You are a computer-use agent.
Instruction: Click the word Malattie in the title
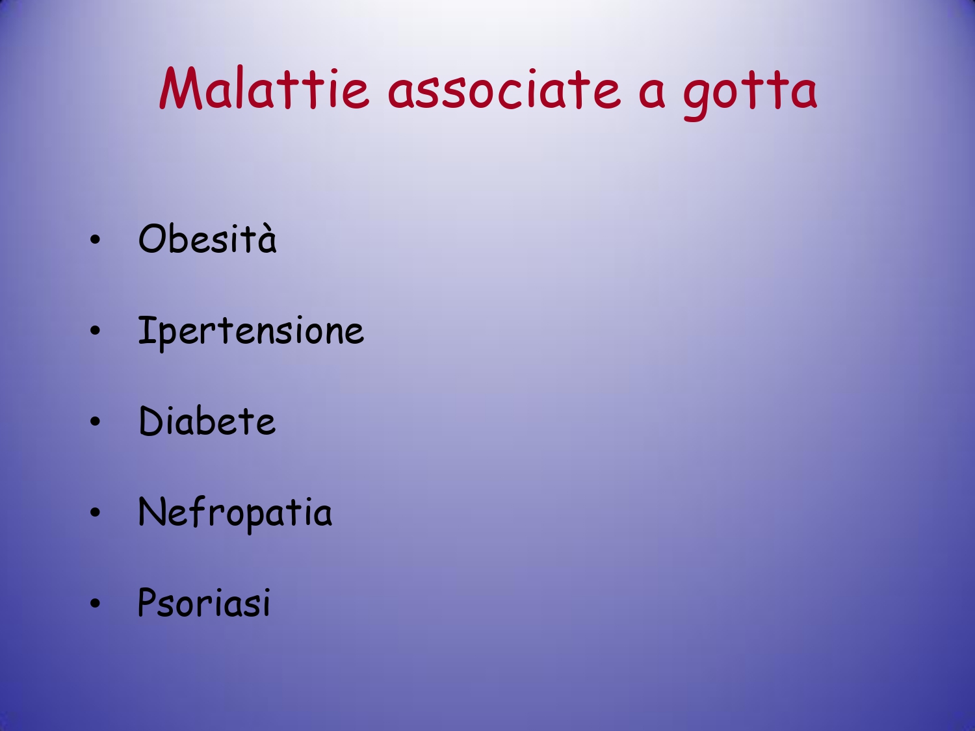click(x=265, y=88)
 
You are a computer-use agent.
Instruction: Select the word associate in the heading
click(x=504, y=90)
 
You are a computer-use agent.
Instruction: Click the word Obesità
click(x=207, y=238)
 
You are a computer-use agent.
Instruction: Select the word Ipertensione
click(x=251, y=332)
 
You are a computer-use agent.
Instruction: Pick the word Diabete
click(x=207, y=420)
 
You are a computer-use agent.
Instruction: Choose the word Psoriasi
click(x=204, y=602)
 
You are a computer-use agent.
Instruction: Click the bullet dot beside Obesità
click(x=95, y=240)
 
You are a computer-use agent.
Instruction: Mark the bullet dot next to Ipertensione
click(x=95, y=331)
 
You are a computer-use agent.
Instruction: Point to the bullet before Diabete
click(x=95, y=422)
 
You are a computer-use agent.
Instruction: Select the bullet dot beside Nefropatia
click(x=95, y=513)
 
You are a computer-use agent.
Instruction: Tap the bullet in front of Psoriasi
click(x=95, y=603)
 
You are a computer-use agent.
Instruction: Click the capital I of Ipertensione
click(x=147, y=330)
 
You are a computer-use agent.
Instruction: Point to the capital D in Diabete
click(x=151, y=421)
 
